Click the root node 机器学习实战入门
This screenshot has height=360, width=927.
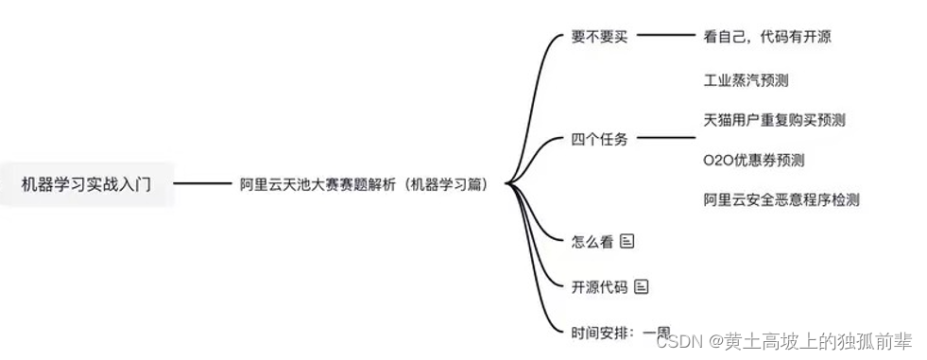86,184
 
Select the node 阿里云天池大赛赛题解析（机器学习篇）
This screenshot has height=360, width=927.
364,184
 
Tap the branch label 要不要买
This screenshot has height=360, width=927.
599,37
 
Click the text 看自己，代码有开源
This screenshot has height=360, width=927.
767,37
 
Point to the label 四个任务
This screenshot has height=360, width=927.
599,140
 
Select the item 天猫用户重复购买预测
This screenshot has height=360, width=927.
774,120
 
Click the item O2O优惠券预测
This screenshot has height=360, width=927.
754,160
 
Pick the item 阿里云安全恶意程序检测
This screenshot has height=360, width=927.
781,199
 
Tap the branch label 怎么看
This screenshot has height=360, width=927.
592,241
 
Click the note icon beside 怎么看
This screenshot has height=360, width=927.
627,241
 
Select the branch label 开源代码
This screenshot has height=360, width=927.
599,286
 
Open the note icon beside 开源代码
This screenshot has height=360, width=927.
642,286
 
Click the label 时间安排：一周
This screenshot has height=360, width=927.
620,332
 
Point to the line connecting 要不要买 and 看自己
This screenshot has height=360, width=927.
666,37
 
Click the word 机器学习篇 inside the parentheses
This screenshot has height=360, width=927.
445,184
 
